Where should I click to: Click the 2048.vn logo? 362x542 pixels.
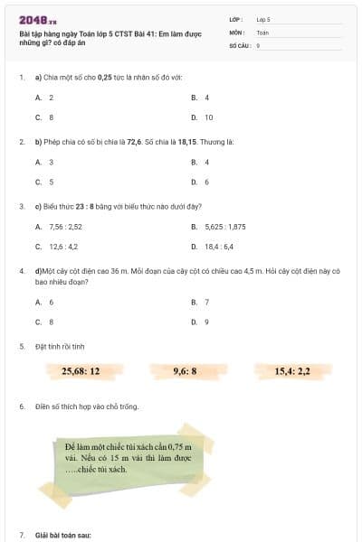coord(37,19)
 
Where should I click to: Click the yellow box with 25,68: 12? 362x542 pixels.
coord(81,370)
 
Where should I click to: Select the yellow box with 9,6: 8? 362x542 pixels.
coord(185,370)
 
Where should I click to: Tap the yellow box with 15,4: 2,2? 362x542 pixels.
coord(292,370)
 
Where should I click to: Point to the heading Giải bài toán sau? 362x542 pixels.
coord(63,535)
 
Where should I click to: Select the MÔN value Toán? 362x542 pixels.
coord(262,32)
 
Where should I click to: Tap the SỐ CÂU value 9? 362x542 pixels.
coord(259,44)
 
